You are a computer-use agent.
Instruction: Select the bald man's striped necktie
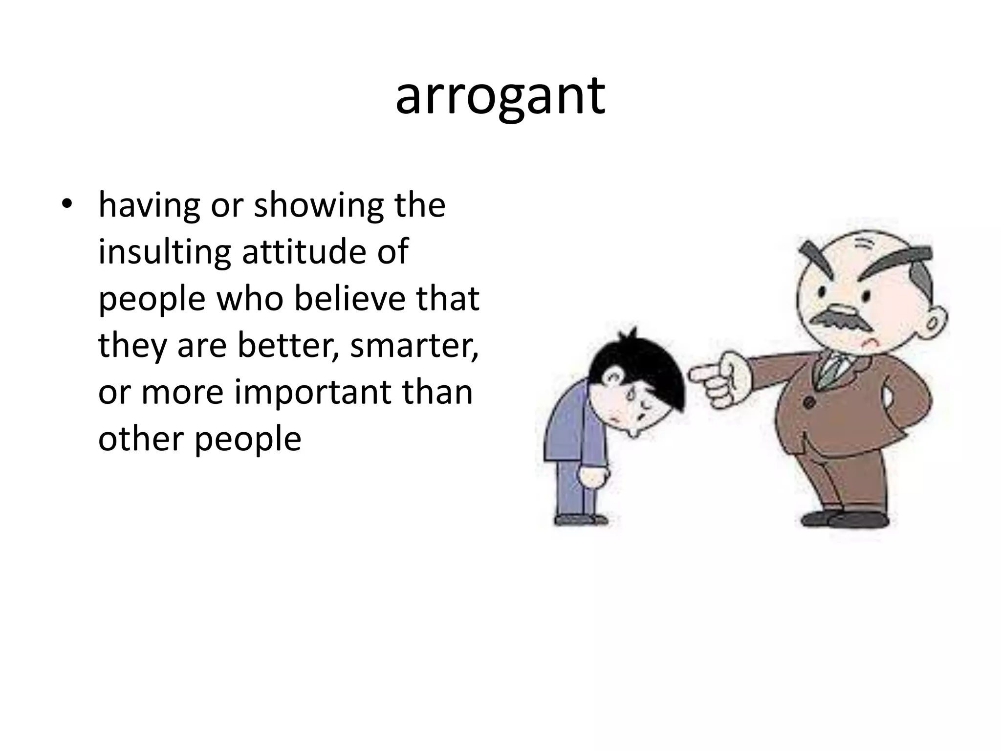click(x=831, y=371)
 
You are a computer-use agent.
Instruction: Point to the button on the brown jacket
click(x=809, y=402)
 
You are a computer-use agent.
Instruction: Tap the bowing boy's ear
click(x=613, y=377)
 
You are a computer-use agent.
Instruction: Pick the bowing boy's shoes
click(x=579, y=519)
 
